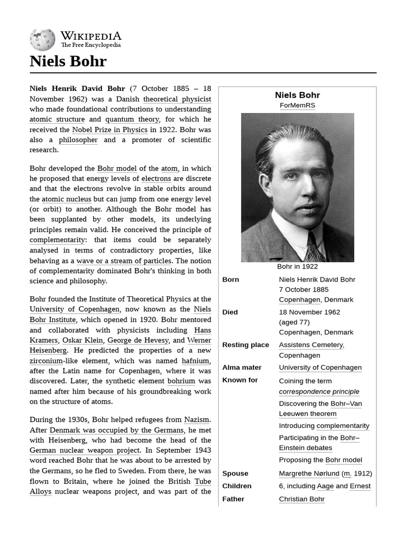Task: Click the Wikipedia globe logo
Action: (x=42, y=40)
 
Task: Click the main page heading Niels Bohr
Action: (x=68, y=61)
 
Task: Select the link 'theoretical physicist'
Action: (x=177, y=99)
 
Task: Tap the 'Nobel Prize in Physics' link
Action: (x=110, y=129)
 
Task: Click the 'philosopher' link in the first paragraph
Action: (x=78, y=140)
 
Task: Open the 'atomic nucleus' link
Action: (x=67, y=199)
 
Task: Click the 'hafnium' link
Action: (x=196, y=361)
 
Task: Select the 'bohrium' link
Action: (x=181, y=381)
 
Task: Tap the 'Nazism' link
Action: (x=197, y=420)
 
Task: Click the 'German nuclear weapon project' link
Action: (x=85, y=451)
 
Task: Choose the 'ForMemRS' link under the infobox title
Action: (x=297, y=106)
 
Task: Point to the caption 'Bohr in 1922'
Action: (x=297, y=267)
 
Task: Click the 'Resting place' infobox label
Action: (x=245, y=345)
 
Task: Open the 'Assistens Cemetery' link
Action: (x=311, y=345)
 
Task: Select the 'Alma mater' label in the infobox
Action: (x=242, y=368)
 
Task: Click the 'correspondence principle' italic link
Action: (x=319, y=391)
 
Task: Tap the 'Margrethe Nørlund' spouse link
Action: (x=309, y=473)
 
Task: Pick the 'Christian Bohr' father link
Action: (x=301, y=499)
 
